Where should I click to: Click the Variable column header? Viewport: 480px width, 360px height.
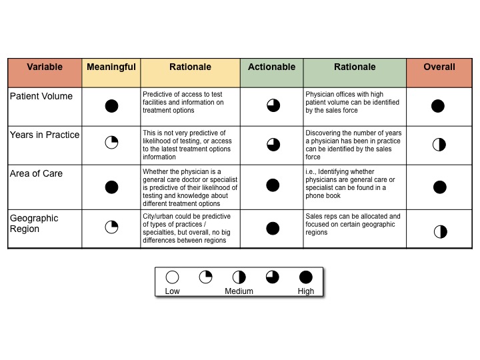[x=45, y=67]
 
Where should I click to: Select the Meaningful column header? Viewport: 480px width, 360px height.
[x=111, y=67]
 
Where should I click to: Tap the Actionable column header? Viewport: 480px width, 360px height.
[x=272, y=67]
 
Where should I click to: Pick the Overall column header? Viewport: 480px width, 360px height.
[x=439, y=67]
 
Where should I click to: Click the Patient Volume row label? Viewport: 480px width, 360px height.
[x=41, y=96]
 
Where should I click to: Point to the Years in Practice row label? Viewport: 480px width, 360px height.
[x=45, y=135]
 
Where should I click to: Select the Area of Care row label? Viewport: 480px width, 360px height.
[x=36, y=173]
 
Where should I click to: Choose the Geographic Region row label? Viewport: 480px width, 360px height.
[x=34, y=223]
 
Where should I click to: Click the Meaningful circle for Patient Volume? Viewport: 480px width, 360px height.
[x=111, y=106]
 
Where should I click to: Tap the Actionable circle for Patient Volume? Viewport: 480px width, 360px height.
[x=273, y=105]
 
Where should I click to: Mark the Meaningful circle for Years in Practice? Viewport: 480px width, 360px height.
[x=111, y=143]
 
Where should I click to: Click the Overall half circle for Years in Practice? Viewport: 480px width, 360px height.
[x=439, y=145]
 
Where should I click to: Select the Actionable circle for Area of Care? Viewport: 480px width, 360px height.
[x=273, y=185]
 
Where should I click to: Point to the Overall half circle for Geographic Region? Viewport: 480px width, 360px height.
[x=441, y=232]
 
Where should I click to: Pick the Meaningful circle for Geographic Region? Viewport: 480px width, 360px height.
[x=111, y=227]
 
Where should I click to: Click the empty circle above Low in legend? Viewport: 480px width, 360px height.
[x=172, y=277]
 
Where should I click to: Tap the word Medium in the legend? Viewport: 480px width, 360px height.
[x=239, y=291]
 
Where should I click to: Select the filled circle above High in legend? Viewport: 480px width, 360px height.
[x=305, y=277]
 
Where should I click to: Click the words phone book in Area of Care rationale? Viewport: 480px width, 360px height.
[x=323, y=196]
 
